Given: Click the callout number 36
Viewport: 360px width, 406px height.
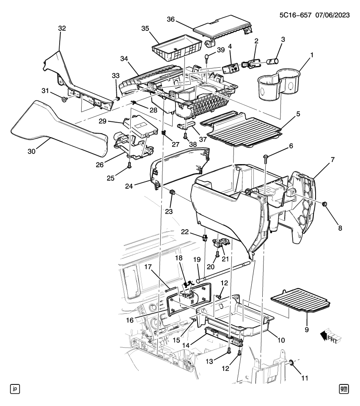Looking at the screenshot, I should coord(170,19).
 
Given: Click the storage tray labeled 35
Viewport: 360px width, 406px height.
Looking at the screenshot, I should coord(176,50).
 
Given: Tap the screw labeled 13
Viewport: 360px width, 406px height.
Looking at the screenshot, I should coord(229,350).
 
